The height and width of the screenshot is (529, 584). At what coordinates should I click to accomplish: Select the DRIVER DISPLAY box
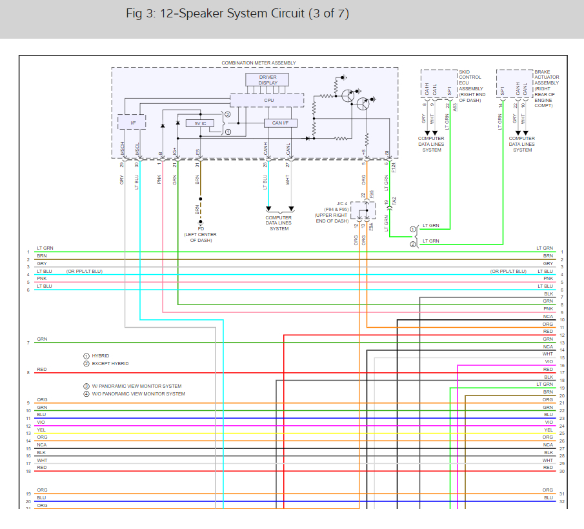pos(268,80)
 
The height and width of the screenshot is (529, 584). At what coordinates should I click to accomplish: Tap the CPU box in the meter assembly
pos(267,100)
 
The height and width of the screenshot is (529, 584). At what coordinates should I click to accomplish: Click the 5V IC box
pos(200,123)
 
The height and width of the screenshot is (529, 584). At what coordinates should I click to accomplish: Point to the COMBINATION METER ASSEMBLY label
pos(259,63)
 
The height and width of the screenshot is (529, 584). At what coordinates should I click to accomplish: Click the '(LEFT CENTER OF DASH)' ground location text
pos(200,238)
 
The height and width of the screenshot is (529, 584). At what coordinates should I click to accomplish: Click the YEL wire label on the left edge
pos(41,430)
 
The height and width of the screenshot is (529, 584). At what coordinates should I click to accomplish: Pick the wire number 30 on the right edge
pos(562,471)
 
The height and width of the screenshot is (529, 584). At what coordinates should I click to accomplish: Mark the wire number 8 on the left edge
pos(28,373)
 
